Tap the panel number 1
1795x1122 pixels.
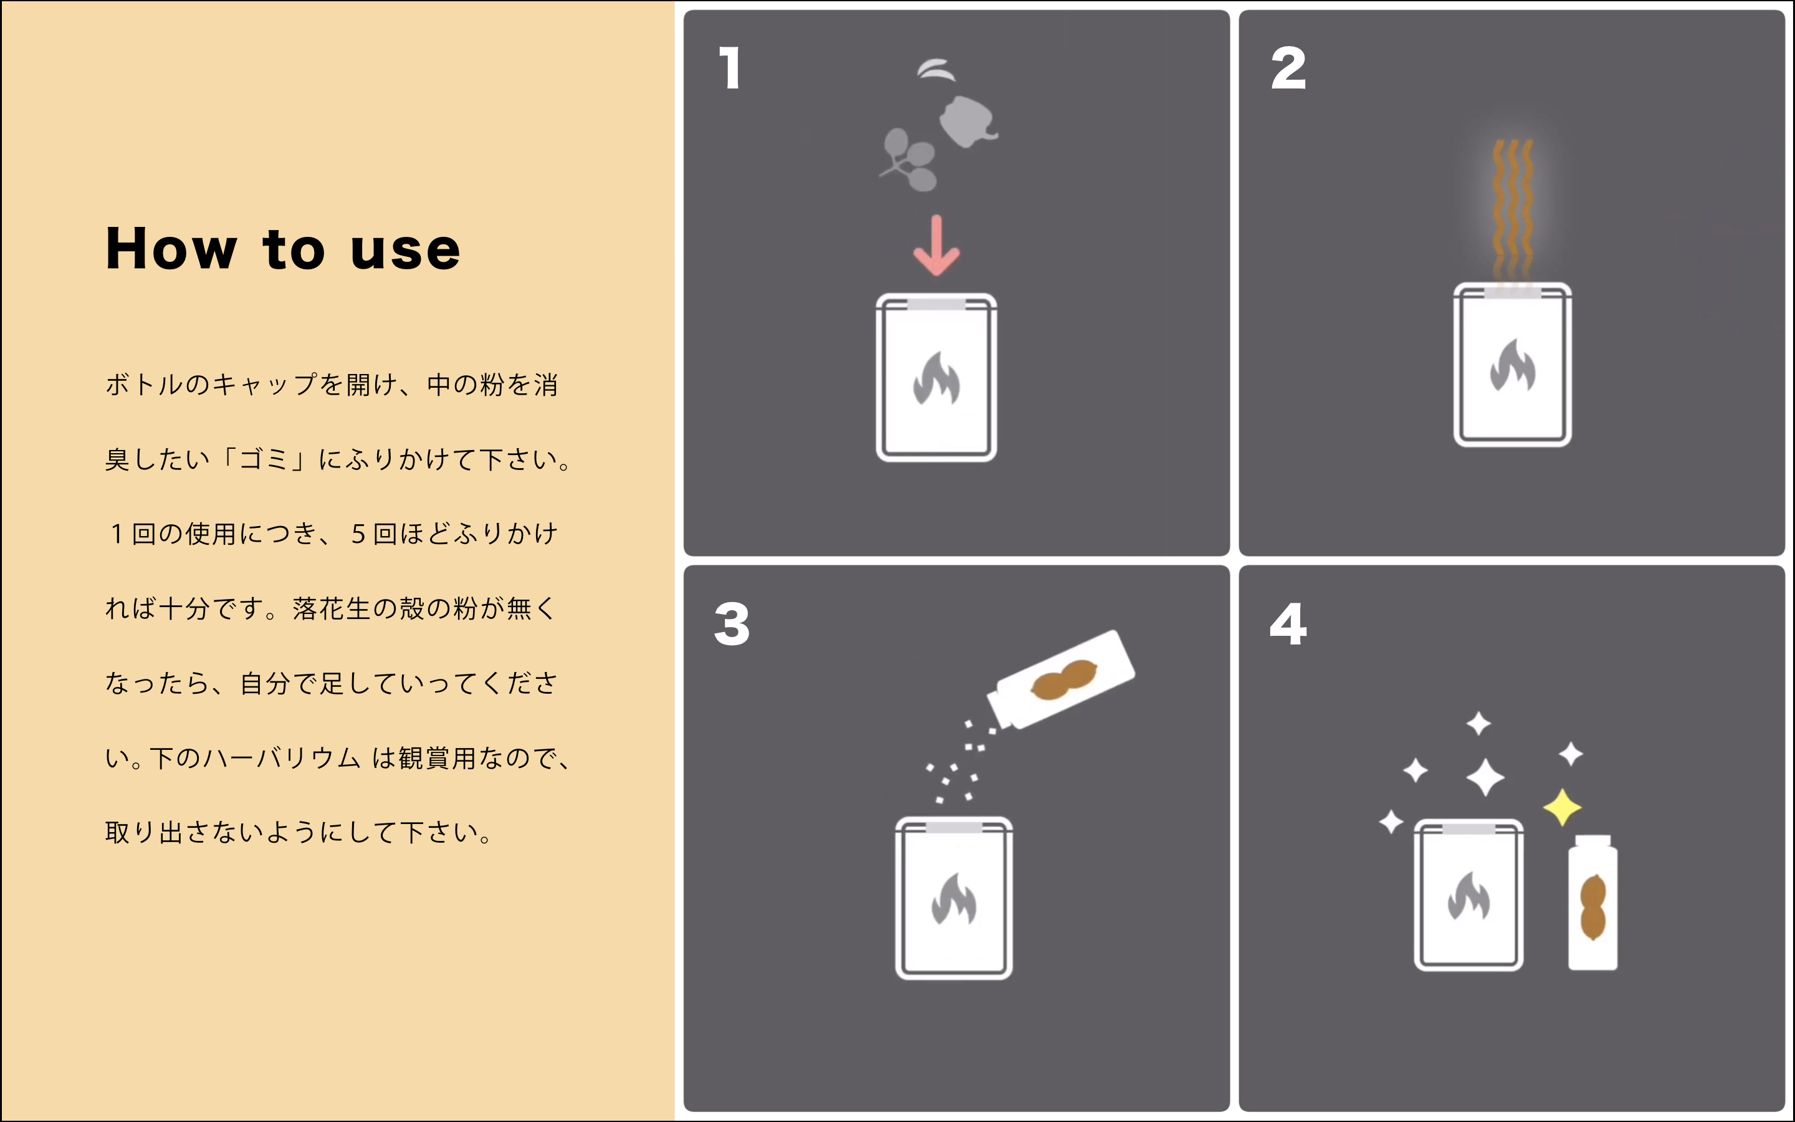[x=730, y=69]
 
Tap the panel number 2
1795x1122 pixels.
[x=1288, y=69]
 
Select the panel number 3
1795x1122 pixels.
[x=732, y=624]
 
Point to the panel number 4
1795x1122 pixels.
[x=1288, y=624]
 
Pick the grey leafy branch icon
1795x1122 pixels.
[x=909, y=160]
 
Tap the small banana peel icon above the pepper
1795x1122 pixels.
[x=936, y=70]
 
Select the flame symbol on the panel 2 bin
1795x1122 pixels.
[x=1513, y=365]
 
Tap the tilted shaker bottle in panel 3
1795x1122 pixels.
[x=1061, y=679]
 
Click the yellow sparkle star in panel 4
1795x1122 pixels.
[x=1562, y=807]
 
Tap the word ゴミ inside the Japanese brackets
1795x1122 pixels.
[x=264, y=459]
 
